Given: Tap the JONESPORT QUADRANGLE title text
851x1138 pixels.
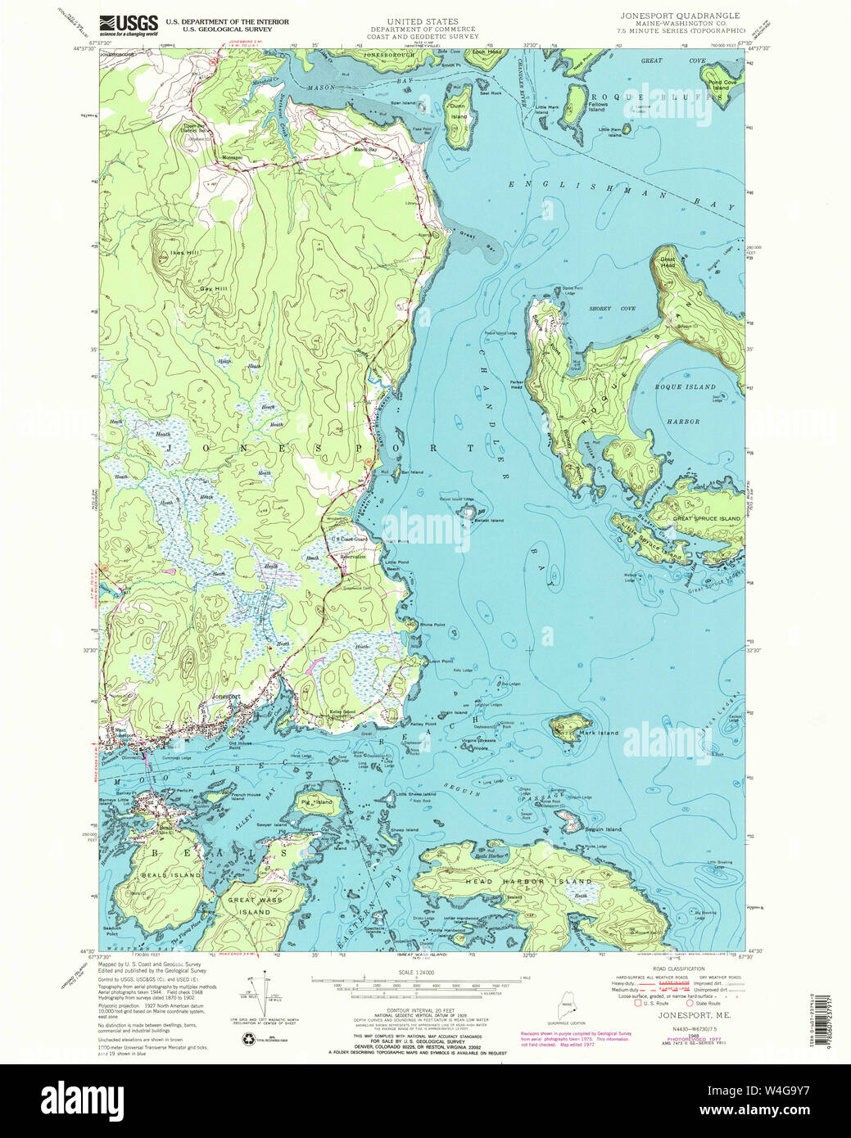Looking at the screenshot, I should [673, 16].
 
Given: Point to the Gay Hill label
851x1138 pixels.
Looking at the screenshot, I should [212, 289].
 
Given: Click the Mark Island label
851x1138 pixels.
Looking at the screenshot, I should [598, 733].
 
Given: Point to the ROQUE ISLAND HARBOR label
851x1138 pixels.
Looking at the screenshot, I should [684, 404].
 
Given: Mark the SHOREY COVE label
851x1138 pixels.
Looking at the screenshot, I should [612, 309].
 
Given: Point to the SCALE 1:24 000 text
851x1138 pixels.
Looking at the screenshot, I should [419, 972].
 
